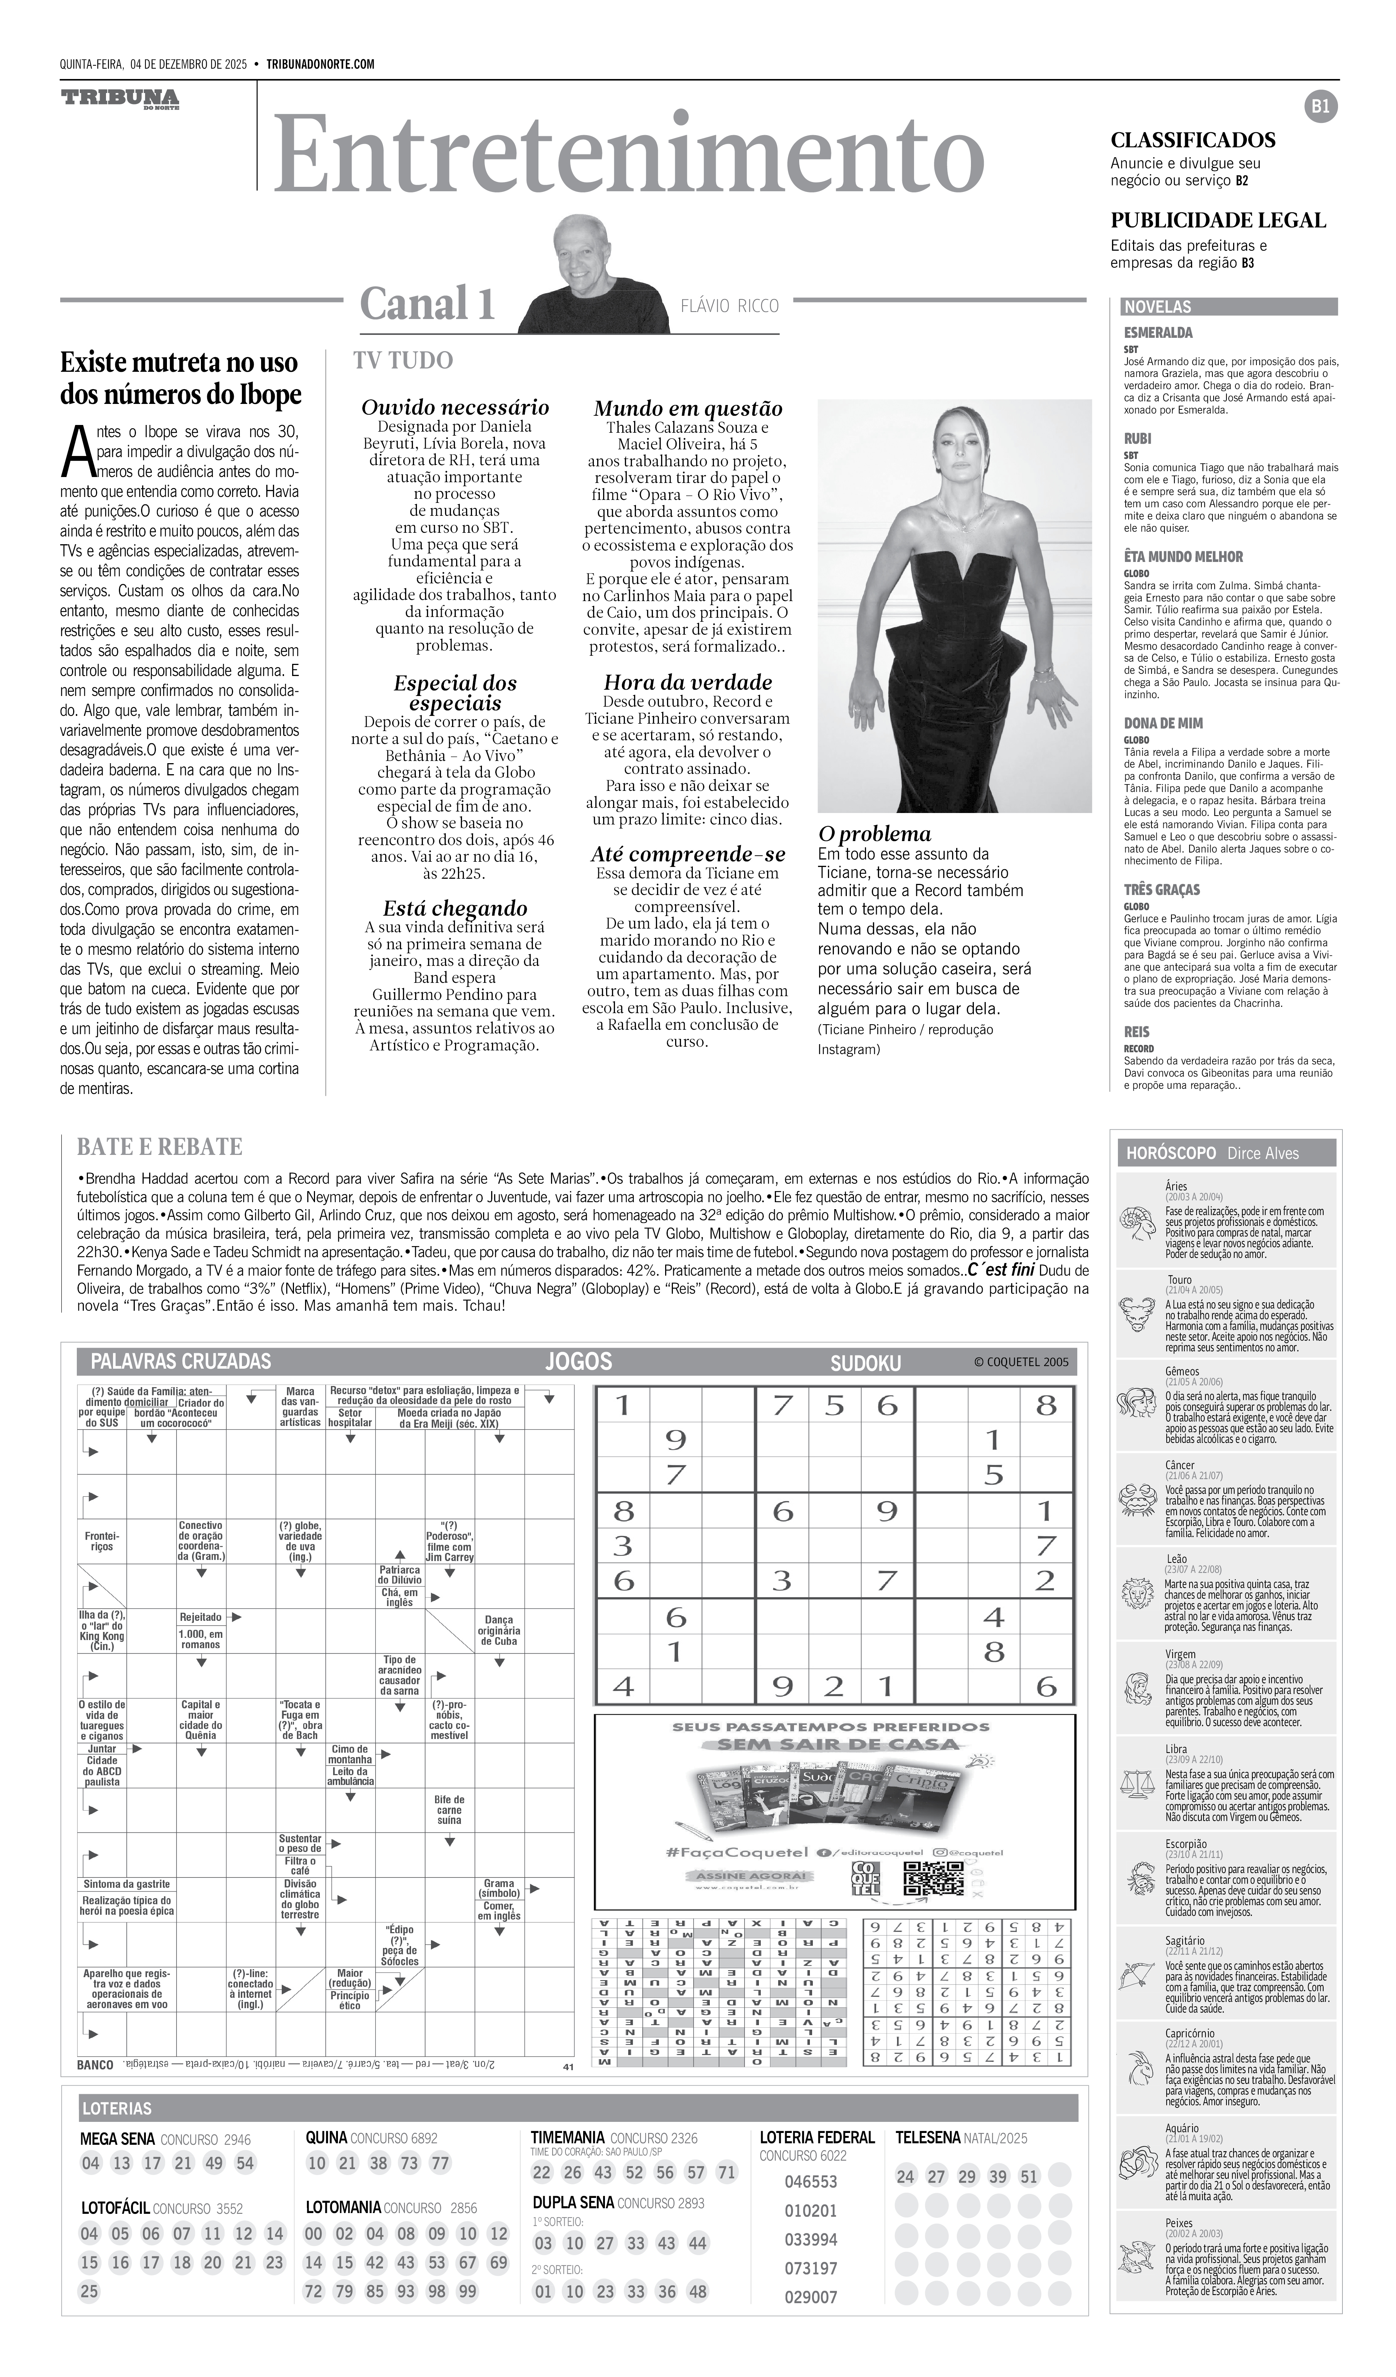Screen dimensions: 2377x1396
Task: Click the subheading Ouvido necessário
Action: click(x=455, y=408)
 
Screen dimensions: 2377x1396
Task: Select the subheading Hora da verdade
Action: click(x=688, y=682)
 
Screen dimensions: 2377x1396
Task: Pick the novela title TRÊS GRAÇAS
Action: click(x=1161, y=889)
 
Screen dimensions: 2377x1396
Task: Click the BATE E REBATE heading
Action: click(x=160, y=1147)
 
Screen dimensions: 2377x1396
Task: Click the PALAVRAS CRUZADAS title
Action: click(x=180, y=1361)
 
